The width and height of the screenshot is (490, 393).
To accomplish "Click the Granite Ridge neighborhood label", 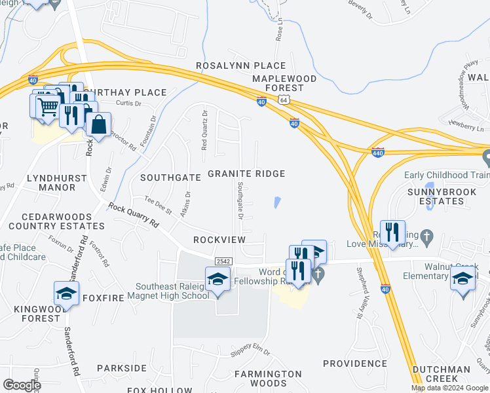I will click(x=246, y=174).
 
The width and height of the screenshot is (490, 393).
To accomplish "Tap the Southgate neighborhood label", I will click(x=170, y=178).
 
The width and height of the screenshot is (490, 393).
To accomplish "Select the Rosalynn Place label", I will click(x=241, y=65).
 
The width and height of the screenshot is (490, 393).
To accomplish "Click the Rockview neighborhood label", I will click(x=219, y=240).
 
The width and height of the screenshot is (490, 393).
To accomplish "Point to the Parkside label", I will click(x=122, y=368).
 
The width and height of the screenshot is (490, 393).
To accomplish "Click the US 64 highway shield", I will click(x=282, y=100).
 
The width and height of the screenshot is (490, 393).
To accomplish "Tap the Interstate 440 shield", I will click(x=378, y=152).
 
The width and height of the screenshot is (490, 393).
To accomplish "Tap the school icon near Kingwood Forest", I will click(x=67, y=293).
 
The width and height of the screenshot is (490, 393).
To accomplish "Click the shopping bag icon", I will click(x=98, y=124).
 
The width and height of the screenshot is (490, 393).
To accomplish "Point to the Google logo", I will click(x=22, y=385).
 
